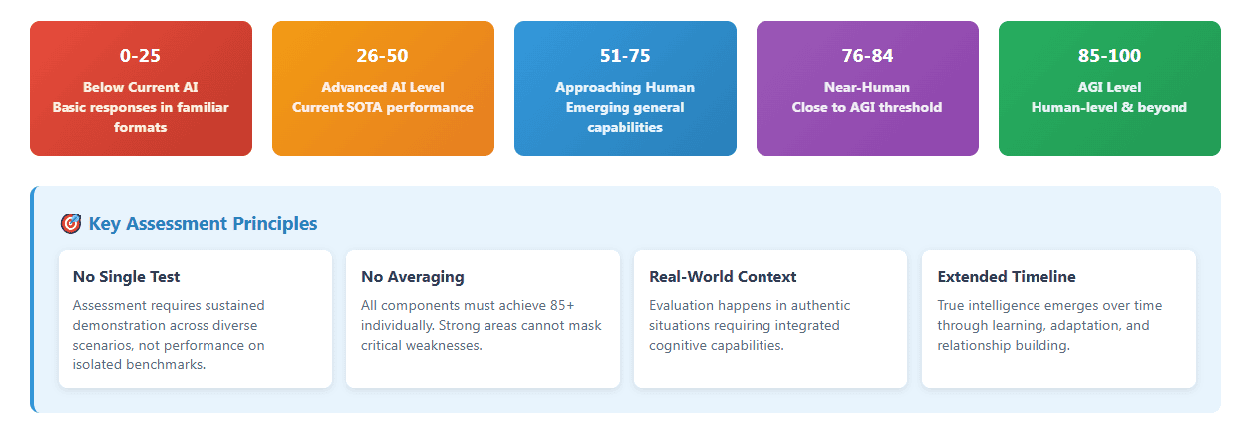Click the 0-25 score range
click(140, 56)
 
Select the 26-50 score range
click(382, 56)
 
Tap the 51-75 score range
click(624, 56)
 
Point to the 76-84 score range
click(867, 56)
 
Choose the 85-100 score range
click(1110, 56)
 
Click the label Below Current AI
click(140, 87)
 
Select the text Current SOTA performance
click(382, 107)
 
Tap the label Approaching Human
click(624, 87)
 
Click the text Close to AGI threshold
click(867, 107)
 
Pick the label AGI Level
click(1110, 87)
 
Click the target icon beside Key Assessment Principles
click(70, 223)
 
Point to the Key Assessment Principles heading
click(203, 223)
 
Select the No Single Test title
click(126, 277)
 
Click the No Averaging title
click(412, 277)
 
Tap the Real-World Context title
click(723, 277)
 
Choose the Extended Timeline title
click(1007, 277)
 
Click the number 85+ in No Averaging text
click(562, 305)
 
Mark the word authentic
click(820, 305)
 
